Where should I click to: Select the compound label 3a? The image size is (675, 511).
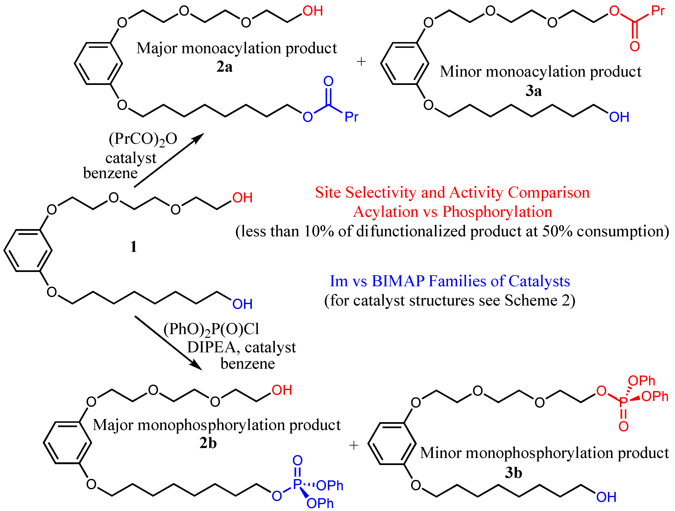coord(533,91)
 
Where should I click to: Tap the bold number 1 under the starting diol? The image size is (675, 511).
coord(133,247)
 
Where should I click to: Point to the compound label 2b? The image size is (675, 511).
coord(208,443)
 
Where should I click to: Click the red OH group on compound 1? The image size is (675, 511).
coord(242,198)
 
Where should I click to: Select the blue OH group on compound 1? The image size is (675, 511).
coord(242,304)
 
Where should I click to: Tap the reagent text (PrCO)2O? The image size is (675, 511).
coord(143,139)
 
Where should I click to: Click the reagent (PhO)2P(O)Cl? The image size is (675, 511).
coord(211,329)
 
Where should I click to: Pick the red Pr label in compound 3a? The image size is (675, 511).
coord(658,11)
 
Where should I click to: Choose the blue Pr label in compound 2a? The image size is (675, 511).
coord(351,117)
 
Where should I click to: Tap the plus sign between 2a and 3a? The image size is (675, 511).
coord(361,62)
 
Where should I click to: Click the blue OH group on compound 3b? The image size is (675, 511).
coord(606,497)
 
